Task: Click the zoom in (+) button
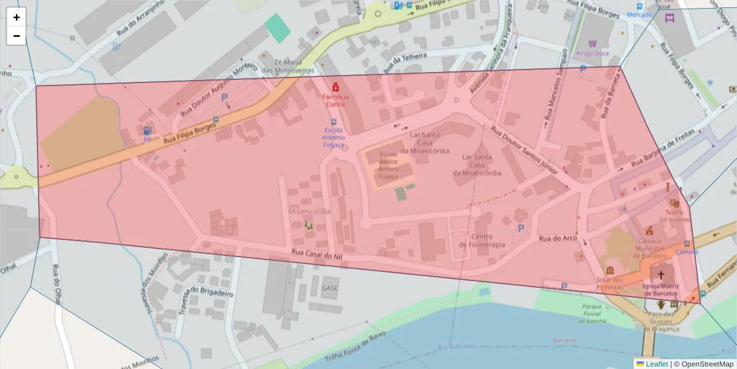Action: tap(17, 17)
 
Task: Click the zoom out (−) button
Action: tap(17, 36)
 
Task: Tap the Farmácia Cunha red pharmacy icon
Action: tap(335, 88)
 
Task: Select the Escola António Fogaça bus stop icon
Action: tap(333, 122)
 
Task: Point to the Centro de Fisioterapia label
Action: tap(482, 240)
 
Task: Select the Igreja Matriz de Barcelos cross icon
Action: tap(661, 274)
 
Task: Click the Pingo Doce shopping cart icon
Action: tap(593, 44)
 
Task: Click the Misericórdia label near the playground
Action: tap(309, 211)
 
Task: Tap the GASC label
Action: tap(329, 288)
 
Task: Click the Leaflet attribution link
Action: tap(656, 364)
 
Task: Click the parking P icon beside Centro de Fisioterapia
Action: tap(521, 228)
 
